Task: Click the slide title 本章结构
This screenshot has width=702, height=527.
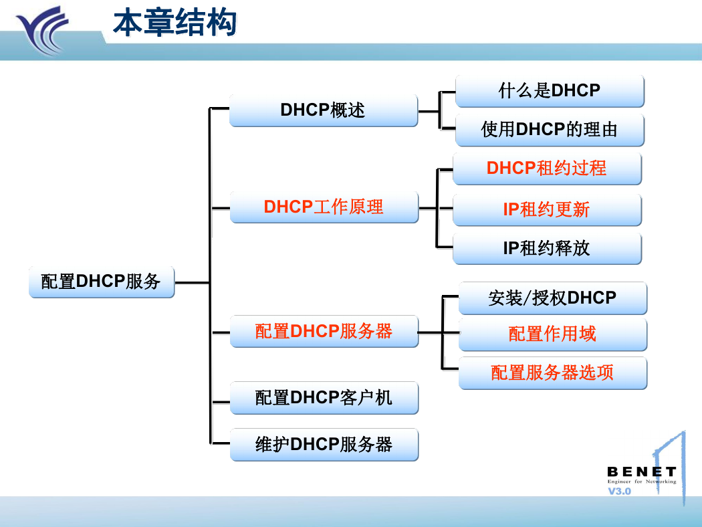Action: coord(174,22)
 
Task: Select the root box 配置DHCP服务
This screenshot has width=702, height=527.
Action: coord(102,282)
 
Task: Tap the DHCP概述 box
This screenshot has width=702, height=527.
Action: coord(324,110)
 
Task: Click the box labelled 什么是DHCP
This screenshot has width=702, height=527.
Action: coord(550,91)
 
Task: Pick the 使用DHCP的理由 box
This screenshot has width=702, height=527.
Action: coord(550,130)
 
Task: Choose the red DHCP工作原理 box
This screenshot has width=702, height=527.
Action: coord(324,207)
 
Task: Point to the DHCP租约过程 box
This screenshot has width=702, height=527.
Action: coord(547,169)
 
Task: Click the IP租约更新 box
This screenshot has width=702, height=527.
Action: coord(547,209)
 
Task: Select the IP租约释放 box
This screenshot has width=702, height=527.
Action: coord(547,249)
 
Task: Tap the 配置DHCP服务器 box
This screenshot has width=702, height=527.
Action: coord(324,331)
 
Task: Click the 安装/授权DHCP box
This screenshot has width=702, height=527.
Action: coord(553,298)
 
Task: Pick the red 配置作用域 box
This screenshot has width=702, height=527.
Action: coord(553,334)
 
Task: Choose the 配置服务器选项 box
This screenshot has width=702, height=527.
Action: coord(553,373)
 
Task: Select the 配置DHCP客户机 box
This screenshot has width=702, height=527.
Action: coord(324,398)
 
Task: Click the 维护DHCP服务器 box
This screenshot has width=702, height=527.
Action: coord(324,445)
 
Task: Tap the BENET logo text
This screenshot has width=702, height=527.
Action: coord(642,472)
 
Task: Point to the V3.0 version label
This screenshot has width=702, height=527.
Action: coord(619,491)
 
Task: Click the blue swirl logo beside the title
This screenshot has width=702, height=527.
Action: coord(43,31)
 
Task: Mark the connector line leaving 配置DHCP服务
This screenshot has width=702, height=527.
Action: coord(192,282)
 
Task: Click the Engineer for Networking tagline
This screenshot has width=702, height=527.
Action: coord(642,482)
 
